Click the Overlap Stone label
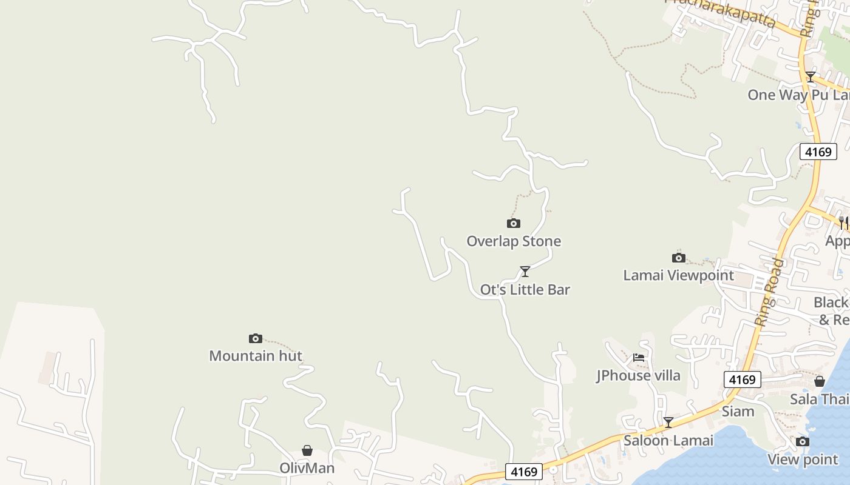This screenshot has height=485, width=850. click(x=514, y=241)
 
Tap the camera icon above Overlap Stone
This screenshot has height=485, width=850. click(x=514, y=223)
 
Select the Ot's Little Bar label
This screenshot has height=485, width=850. click(x=525, y=290)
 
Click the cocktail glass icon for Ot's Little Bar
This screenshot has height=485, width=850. click(x=525, y=271)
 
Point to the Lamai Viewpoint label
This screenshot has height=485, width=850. click(x=679, y=275)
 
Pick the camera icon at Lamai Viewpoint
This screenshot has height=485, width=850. click(x=679, y=258)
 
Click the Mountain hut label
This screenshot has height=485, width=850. click(x=256, y=356)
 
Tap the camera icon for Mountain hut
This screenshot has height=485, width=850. click(x=256, y=338)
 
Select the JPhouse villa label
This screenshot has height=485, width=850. click(x=638, y=376)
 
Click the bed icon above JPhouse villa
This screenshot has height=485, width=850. click(x=639, y=358)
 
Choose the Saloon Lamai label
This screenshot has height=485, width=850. click(x=668, y=441)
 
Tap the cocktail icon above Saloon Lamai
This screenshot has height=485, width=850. click(x=668, y=422)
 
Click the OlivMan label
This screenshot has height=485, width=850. click(x=307, y=468)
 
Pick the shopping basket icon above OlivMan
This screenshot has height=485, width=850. click(x=307, y=450)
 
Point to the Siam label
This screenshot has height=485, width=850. click(x=738, y=412)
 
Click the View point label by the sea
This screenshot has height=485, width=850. click(x=803, y=460)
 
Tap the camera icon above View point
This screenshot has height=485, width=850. click(x=803, y=441)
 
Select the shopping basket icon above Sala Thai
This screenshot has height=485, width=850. click(x=820, y=381)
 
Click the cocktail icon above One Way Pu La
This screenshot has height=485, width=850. click(x=811, y=77)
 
